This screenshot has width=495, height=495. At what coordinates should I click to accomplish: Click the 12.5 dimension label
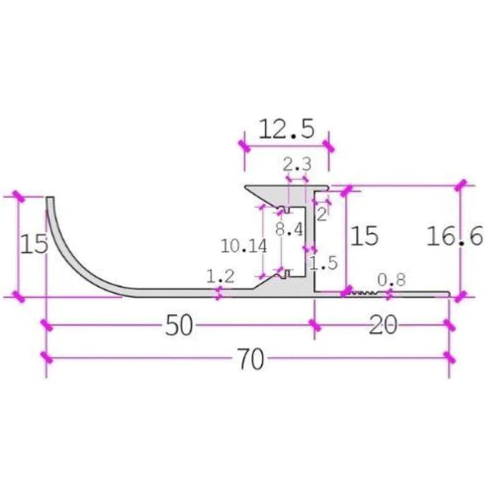285,129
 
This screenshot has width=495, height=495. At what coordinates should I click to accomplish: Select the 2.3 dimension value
296,165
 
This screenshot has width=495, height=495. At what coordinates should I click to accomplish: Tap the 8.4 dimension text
289,229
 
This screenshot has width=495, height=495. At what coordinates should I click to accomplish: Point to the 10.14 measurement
243,246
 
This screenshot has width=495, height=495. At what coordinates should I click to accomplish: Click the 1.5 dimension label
323,263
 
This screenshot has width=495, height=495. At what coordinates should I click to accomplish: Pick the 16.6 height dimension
454,235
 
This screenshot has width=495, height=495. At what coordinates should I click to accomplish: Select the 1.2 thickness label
220,276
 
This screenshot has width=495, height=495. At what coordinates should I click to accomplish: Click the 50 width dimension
180,325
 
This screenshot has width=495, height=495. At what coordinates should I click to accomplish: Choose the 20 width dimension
383,325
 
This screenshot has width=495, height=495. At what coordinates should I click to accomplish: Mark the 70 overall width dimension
250,359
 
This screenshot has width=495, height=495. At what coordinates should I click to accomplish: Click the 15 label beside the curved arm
33,244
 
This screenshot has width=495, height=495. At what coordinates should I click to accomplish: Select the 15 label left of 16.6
364,235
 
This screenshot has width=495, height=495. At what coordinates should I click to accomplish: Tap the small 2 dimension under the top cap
322,213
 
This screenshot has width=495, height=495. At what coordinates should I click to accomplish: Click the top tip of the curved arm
50,201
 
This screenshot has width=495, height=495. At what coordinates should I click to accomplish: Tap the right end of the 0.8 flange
447,293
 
